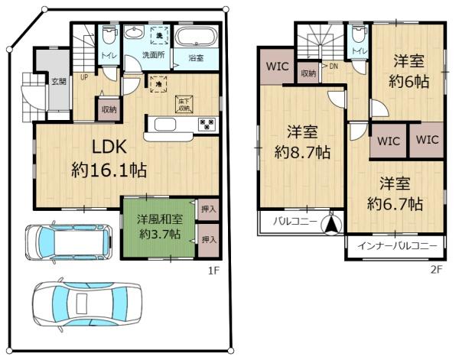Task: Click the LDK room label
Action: point(109,146)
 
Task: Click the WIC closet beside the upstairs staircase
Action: point(277,66)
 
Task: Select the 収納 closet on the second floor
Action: point(308,73)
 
